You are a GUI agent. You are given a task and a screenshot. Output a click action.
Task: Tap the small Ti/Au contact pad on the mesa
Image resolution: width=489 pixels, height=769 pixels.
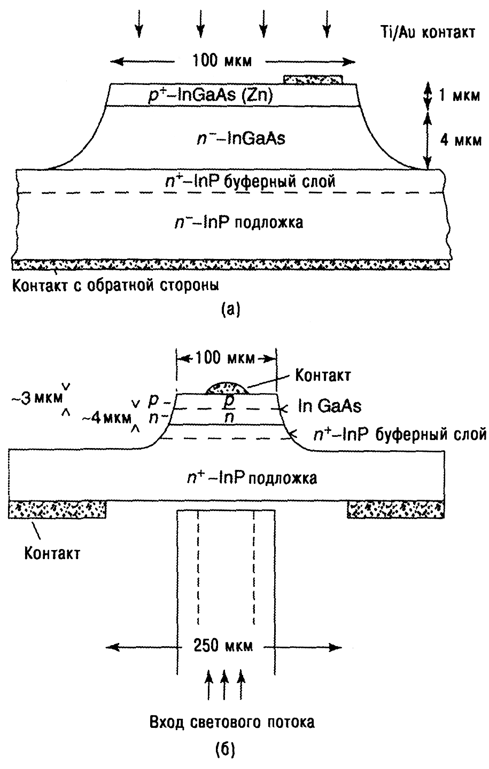tap(313, 80)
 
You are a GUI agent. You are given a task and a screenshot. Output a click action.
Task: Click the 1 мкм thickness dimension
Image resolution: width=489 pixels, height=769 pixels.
tap(448, 97)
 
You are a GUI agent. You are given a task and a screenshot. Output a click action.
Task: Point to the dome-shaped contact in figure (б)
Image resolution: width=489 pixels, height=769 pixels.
tap(227, 388)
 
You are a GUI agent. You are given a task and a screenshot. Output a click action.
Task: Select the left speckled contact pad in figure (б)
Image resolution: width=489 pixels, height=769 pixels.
tap(58, 508)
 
